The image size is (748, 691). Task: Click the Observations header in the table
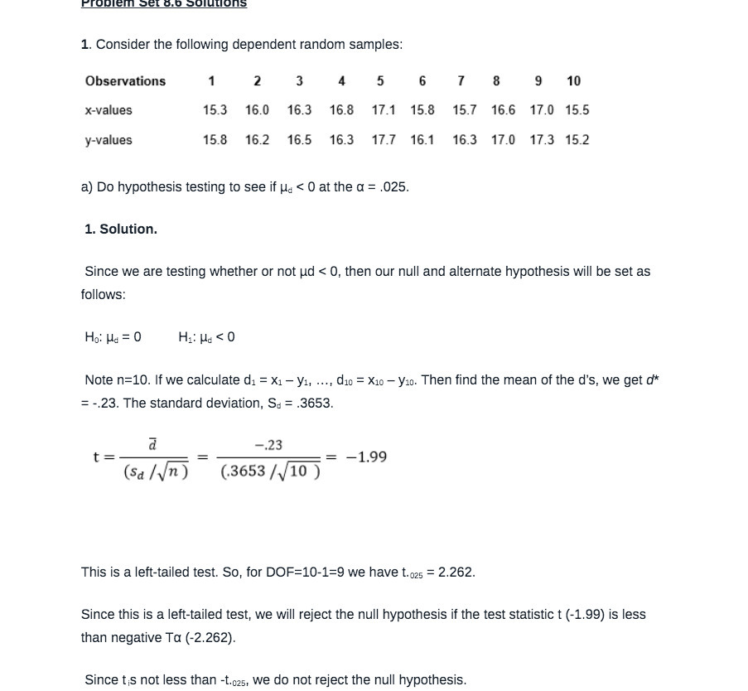pyautogui.click(x=125, y=81)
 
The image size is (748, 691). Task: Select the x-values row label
pyautogui.click(x=109, y=110)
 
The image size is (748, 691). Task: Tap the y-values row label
pyautogui.click(x=109, y=140)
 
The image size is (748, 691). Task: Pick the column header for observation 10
pyautogui.click(x=573, y=81)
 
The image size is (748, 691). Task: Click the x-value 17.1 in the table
pyautogui.click(x=384, y=110)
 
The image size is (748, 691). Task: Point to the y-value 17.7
pyautogui.click(x=384, y=140)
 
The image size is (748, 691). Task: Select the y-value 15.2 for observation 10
pyautogui.click(x=577, y=140)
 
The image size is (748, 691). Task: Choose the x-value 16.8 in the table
pyautogui.click(x=341, y=110)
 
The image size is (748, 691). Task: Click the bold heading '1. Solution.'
pyautogui.click(x=121, y=230)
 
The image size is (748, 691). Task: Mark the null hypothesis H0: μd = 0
pyautogui.click(x=113, y=337)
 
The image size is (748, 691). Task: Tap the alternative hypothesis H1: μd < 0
pyautogui.click(x=206, y=337)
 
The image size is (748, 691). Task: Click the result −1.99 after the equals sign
pyautogui.click(x=366, y=457)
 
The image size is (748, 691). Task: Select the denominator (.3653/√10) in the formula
pyautogui.click(x=270, y=471)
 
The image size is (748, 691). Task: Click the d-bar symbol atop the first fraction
pyautogui.click(x=152, y=445)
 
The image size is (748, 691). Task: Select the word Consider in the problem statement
pyautogui.click(x=123, y=45)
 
